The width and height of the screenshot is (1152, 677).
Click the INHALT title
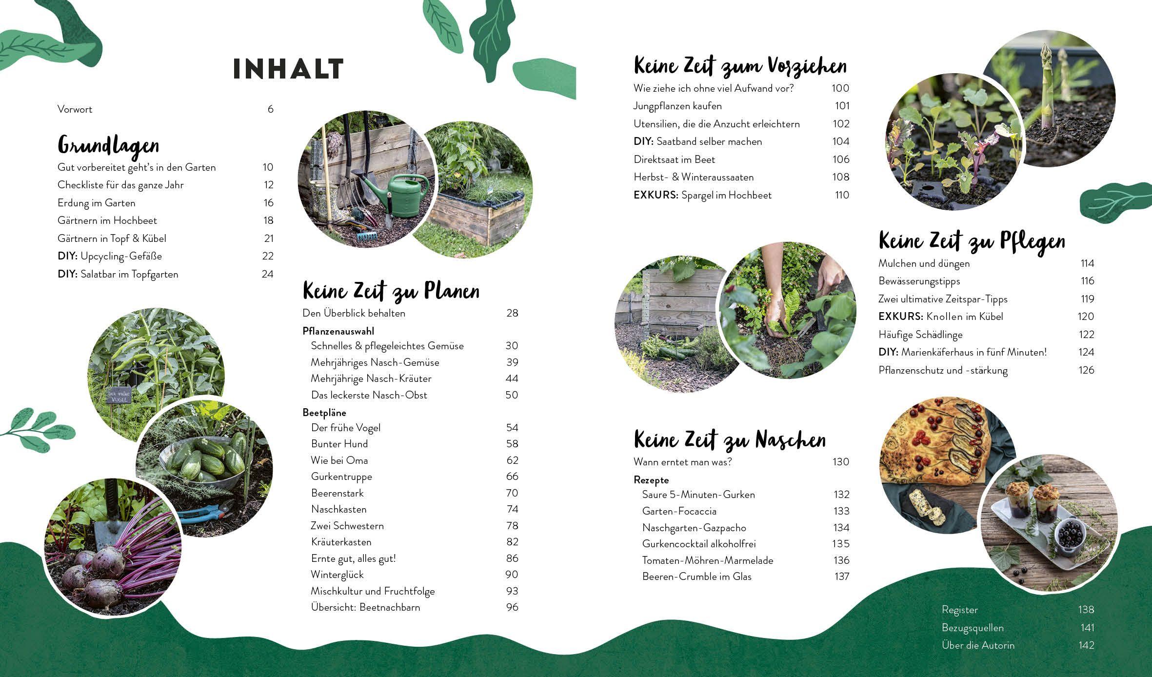pos(288,69)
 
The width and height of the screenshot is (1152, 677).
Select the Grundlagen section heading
pos(108,145)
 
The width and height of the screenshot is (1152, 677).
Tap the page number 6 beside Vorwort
pos(270,109)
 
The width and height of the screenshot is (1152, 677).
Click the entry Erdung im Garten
pos(96,203)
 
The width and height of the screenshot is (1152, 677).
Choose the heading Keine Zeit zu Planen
pos(391,291)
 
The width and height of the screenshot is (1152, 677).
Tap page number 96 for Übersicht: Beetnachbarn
pos(512,607)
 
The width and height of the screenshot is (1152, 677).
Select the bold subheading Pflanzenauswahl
pos(338,331)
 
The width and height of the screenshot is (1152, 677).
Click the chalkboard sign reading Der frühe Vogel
pos(119,397)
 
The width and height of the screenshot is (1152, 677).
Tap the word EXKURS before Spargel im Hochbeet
pos(655,195)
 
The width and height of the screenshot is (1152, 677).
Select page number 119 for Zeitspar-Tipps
pos(1087,299)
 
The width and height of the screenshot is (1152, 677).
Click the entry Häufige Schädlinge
pos(920,335)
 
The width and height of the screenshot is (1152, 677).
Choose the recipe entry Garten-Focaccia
pos(679,511)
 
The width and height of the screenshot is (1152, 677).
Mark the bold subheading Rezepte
pos(651,480)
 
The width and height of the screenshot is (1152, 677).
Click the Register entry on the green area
pos(959,610)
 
